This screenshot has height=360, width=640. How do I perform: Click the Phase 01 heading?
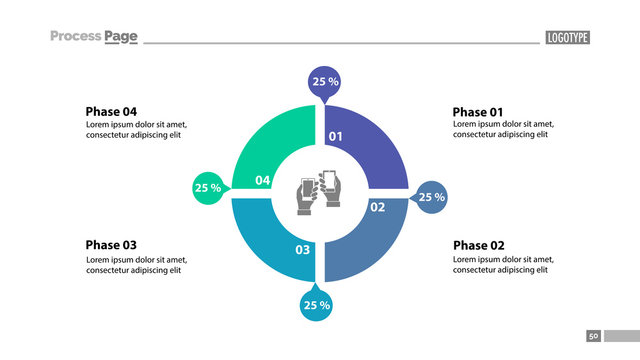click(478, 112)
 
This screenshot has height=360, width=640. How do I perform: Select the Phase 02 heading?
click(479, 246)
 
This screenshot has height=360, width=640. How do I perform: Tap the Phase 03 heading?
click(111, 245)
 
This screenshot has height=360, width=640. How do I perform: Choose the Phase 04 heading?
click(111, 112)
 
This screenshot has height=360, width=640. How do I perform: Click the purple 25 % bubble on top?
click(325, 82)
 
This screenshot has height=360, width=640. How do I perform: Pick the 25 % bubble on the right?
click(431, 197)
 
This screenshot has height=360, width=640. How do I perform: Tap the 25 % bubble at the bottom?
click(316, 305)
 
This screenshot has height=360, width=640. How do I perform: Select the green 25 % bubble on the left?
click(208, 187)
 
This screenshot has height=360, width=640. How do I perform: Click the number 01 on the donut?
click(336, 136)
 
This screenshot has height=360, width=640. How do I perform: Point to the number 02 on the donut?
click(378, 207)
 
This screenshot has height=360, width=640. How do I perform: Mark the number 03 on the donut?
click(302, 249)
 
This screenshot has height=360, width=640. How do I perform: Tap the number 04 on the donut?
click(262, 180)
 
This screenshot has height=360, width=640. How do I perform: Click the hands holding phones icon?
click(319, 191)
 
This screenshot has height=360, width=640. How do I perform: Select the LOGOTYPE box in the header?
click(567, 38)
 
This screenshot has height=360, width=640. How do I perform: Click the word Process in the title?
click(76, 37)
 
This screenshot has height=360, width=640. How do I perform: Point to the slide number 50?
click(593, 336)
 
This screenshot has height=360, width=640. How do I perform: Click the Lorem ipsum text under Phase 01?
click(503, 130)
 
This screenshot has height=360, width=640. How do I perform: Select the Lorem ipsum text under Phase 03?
click(136, 265)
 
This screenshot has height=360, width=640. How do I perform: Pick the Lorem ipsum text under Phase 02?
click(503, 265)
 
